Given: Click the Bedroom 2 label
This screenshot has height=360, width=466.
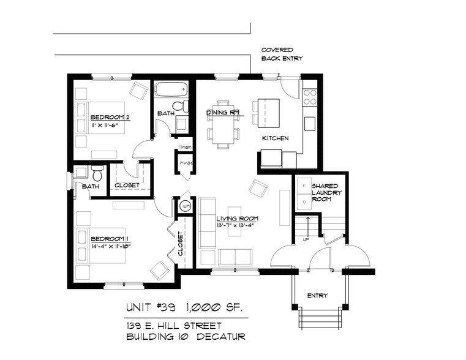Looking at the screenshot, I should coord(110,116).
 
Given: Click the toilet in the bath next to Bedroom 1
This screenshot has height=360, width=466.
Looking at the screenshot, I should coord(96,172).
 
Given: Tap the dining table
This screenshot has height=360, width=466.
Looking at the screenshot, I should coord(223,125).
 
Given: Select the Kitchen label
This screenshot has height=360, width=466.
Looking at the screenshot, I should coord(275,138).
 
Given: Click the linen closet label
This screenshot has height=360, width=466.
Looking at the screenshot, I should coord(186,147).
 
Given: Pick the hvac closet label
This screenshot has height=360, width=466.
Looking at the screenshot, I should coord(186,163).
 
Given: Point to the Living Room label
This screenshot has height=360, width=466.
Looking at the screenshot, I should coord(237,218).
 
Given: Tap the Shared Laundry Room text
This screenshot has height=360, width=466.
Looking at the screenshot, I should coord(326,192).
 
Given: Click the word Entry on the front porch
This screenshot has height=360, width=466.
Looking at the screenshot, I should coord(317,295).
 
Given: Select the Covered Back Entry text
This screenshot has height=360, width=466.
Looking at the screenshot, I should coord(282,54).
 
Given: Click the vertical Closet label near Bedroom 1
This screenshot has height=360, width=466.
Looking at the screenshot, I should coord(181,243).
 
